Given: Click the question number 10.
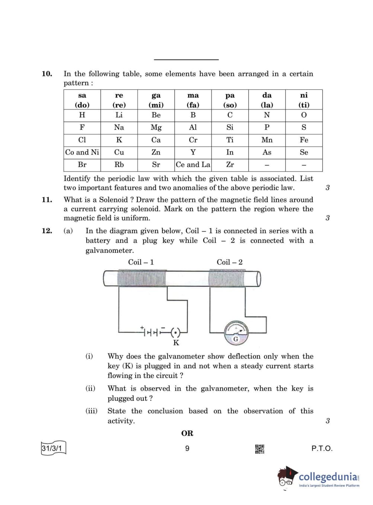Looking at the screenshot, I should [x=47, y=74].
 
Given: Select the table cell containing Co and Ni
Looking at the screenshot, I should [x=82, y=152].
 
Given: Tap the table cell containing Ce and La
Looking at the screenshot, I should [x=193, y=165].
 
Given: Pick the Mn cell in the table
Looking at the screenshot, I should [x=267, y=140].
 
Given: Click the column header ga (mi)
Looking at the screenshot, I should [x=156, y=100].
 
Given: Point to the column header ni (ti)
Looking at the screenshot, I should [x=304, y=100].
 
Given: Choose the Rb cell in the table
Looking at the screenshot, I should [x=119, y=165].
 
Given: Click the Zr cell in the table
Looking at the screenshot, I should [x=230, y=165].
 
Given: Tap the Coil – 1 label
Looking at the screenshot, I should [x=141, y=262].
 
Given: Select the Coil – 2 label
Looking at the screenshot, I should [x=230, y=262].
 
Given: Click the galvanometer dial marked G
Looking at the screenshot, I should [x=236, y=332].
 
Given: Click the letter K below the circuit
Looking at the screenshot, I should [x=176, y=343].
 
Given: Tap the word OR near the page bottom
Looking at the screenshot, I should [x=187, y=433].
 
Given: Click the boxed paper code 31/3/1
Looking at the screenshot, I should [x=52, y=448].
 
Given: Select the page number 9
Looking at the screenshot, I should [x=187, y=448].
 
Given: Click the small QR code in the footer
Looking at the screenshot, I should [x=259, y=449].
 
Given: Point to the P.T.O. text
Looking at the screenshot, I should [x=322, y=448].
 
